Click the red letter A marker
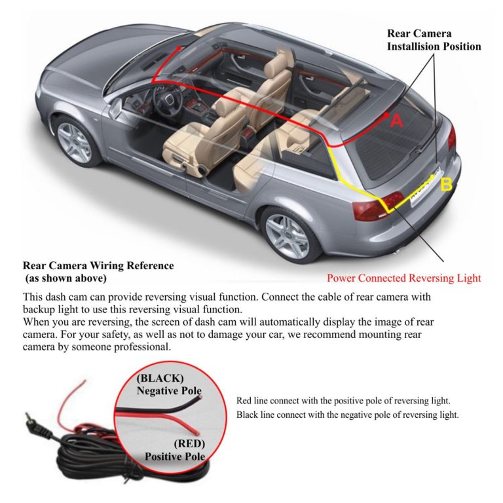click(396, 121)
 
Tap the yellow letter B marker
click(446, 185)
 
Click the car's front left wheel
click(74, 142)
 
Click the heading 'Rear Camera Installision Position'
click(434, 40)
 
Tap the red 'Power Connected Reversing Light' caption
click(404, 278)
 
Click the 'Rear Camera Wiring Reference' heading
click(98, 266)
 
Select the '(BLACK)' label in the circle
click(160, 378)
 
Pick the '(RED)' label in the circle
click(189, 443)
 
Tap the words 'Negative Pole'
click(169, 391)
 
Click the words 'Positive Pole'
click(175, 456)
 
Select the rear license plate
click(425, 186)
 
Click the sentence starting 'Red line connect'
click(343, 401)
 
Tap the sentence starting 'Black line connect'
click(347, 415)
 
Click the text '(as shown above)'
click(65, 278)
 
